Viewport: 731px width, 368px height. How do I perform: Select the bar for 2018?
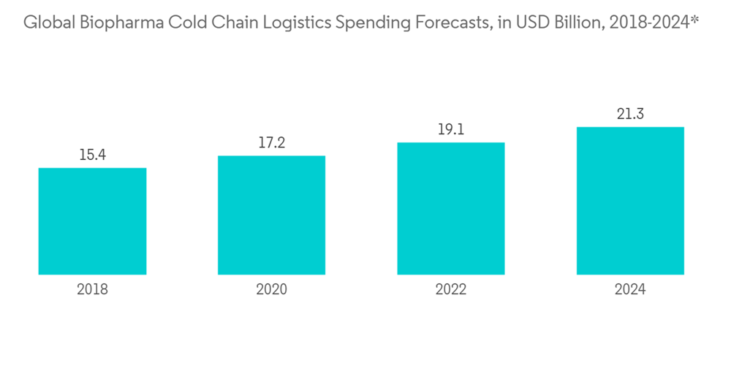[x=92, y=221]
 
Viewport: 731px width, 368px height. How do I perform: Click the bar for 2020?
[x=271, y=215]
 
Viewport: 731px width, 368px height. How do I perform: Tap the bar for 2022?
[x=451, y=208]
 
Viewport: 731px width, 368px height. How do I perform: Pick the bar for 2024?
[x=630, y=201]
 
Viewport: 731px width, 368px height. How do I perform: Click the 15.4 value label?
[x=92, y=155]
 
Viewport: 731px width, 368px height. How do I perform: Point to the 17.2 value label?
[x=271, y=142]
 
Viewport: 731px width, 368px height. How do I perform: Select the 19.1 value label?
[x=451, y=129]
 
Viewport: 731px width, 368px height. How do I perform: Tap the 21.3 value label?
[x=630, y=114]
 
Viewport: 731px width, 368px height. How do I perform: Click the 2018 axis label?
[x=92, y=290]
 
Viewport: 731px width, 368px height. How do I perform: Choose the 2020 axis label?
[x=271, y=290]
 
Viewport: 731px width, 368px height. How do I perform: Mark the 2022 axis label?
[x=451, y=290]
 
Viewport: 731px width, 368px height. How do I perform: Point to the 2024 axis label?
[x=630, y=290]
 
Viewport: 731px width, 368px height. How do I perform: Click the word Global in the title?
[x=45, y=23]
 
